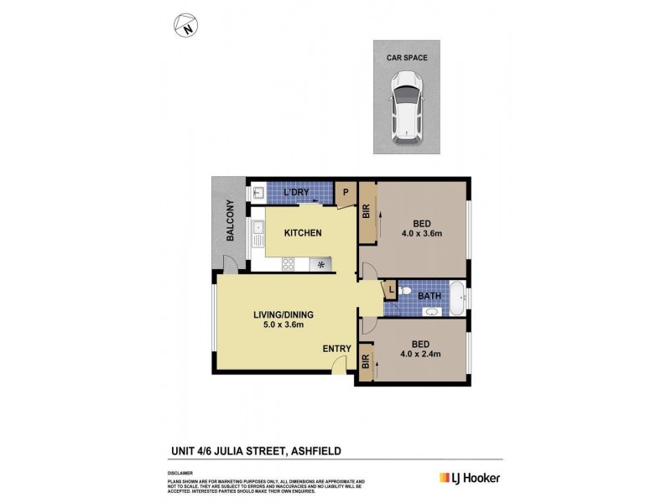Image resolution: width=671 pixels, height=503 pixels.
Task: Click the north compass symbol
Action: point(186,25)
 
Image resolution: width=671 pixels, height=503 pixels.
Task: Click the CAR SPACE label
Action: point(407,58)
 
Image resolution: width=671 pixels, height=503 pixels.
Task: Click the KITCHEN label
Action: point(303,232)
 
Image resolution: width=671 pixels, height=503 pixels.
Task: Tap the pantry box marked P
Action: point(346,192)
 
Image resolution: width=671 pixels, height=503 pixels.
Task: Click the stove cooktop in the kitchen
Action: point(288,264)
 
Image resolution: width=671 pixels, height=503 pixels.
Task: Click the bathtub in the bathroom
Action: point(458,298)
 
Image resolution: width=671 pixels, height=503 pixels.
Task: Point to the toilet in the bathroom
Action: point(404,292)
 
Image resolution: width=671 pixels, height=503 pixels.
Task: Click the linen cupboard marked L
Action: point(390,290)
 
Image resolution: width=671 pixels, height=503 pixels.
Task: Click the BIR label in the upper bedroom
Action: point(367,214)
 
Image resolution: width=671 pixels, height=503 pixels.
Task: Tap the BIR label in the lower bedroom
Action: point(366,363)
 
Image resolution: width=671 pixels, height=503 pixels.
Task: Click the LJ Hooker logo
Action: point(471,478)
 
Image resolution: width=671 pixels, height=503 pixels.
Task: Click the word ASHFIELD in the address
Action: point(316,450)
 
